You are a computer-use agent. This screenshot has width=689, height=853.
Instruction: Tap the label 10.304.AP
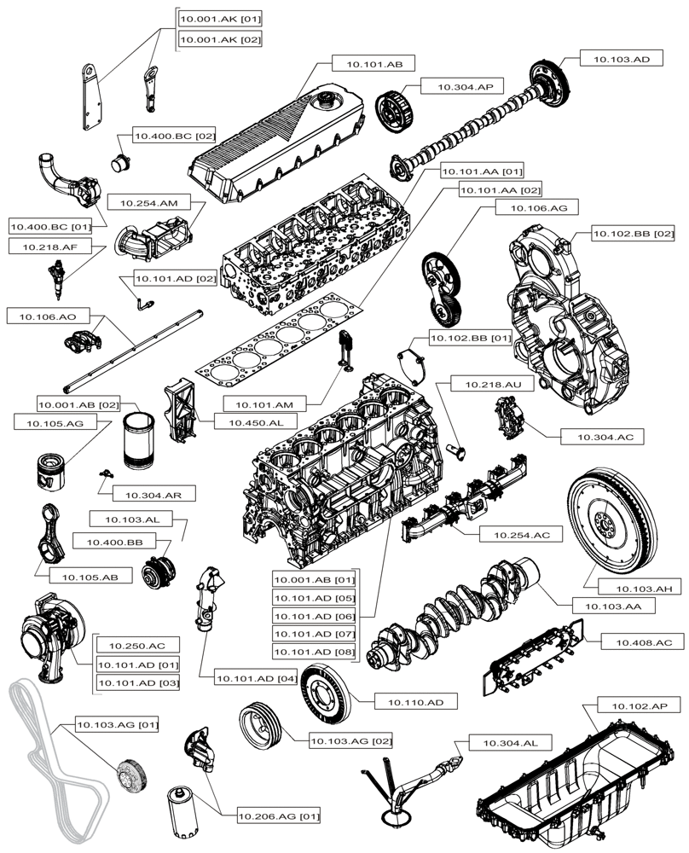click(x=466, y=86)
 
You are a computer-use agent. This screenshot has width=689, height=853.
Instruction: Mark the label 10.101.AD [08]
click(x=313, y=652)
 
